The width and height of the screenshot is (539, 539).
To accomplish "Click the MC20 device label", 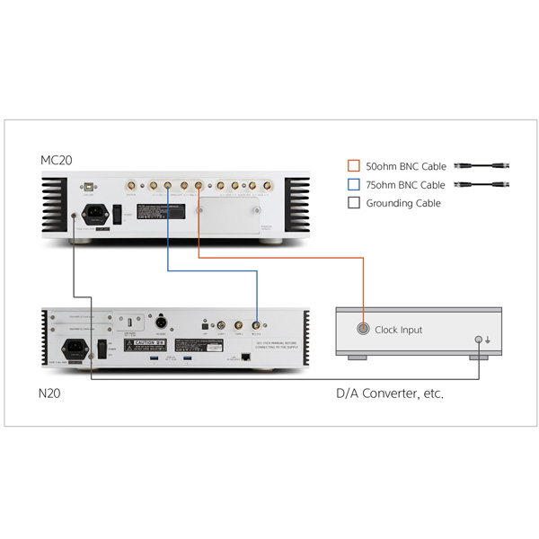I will pyautogui.click(x=56, y=160).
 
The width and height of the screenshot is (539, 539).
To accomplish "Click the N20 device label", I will pyautogui.click(x=51, y=392).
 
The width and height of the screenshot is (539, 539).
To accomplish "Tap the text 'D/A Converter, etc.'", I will pyautogui.click(x=390, y=393).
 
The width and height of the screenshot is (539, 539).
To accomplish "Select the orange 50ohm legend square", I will pyautogui.click(x=354, y=166).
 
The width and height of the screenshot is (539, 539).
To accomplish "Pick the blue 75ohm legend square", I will pyautogui.click(x=354, y=185).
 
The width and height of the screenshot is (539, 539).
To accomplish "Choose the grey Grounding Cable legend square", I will pyautogui.click(x=354, y=203).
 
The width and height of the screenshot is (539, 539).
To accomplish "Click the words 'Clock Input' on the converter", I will pyautogui.click(x=398, y=330).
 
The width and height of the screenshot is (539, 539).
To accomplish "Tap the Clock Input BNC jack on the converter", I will pyautogui.click(x=362, y=329).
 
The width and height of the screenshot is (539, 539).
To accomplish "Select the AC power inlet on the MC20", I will pyautogui.click(x=93, y=216).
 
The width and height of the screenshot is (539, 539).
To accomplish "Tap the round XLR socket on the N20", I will pyautogui.click(x=165, y=322).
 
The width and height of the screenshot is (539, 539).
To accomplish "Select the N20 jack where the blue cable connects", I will pyautogui.click(x=257, y=325).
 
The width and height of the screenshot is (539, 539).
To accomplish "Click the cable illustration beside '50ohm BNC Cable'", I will pyautogui.click(x=483, y=166).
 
